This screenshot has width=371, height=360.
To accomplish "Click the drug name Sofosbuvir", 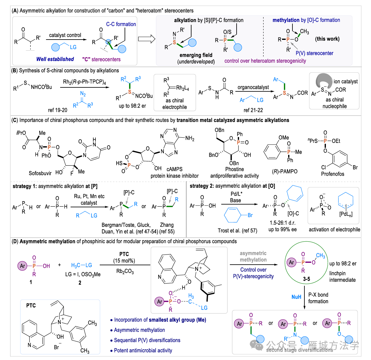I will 40,173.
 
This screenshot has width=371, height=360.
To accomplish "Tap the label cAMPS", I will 174,169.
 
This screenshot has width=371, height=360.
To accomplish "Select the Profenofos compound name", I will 333,174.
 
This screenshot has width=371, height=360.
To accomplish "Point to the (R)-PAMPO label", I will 285,171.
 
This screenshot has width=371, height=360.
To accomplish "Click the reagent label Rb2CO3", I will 125,271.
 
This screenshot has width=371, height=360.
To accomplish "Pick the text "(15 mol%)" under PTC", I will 124,261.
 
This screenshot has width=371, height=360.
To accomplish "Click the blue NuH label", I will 296,297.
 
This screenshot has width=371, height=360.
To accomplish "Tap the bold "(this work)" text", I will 327,39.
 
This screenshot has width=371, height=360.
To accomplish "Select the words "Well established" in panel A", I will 55,59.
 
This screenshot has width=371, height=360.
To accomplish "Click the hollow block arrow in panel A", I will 146,39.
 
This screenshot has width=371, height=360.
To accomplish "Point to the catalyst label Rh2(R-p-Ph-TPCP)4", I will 84,82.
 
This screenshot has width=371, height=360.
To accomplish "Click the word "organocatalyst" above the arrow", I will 253,87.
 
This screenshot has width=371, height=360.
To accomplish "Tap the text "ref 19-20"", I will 57,110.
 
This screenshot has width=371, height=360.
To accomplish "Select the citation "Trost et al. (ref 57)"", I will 238,231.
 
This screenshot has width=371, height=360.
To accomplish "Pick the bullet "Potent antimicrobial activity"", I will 143,350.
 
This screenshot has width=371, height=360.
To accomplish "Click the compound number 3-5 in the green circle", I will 306,279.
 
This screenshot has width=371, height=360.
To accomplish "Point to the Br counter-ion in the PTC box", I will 56,347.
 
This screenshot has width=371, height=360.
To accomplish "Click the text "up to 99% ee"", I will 282,229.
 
